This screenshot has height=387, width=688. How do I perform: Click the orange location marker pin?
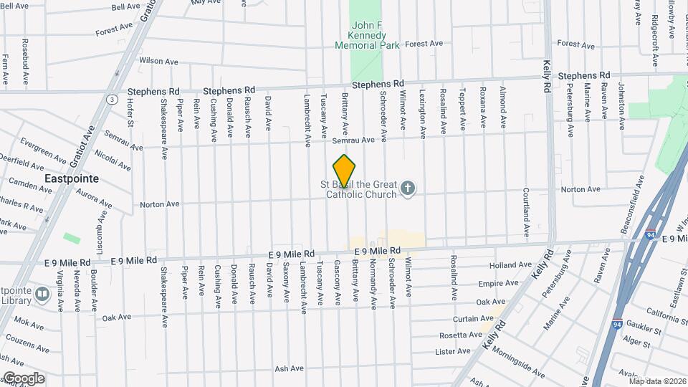pos(345,171)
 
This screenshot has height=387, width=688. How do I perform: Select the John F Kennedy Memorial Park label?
pos(367,35)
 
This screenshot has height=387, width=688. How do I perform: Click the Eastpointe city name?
pos(71,178)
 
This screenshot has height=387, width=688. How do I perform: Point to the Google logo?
pos(23,378)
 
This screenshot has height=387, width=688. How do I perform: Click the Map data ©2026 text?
pos(657,381)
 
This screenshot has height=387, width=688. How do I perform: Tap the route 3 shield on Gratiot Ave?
pos(113,99)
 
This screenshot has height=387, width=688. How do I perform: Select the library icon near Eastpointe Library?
pos(42,294)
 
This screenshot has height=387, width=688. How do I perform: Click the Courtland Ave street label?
pos(525,213)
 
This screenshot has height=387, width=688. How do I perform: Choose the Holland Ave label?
pos(511,265)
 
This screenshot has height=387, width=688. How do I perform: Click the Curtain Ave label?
pos(473,318)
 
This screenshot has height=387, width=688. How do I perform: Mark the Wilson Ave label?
pos(158,62)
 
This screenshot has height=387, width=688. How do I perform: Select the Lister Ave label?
pos(452,351)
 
